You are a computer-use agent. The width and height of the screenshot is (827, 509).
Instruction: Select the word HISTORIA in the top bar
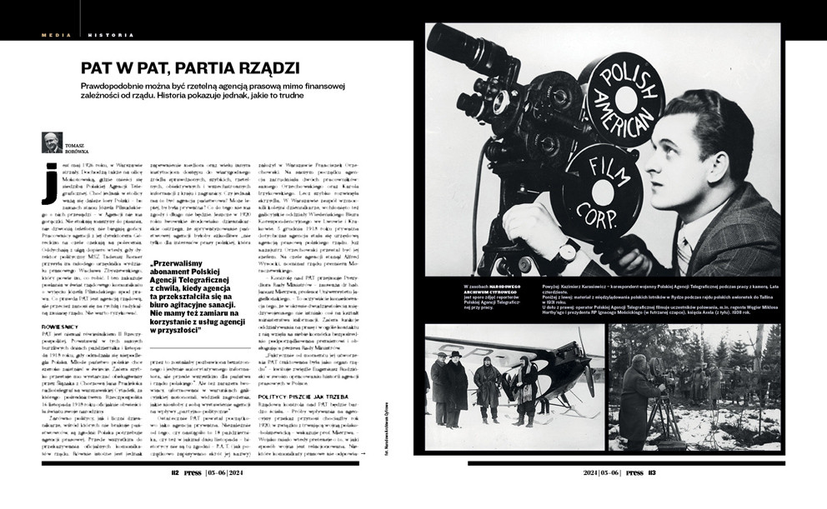(105, 35)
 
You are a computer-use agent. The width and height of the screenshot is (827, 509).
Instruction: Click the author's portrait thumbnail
(53, 142)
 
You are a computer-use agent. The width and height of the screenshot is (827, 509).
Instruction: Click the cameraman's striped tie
(683, 251)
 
